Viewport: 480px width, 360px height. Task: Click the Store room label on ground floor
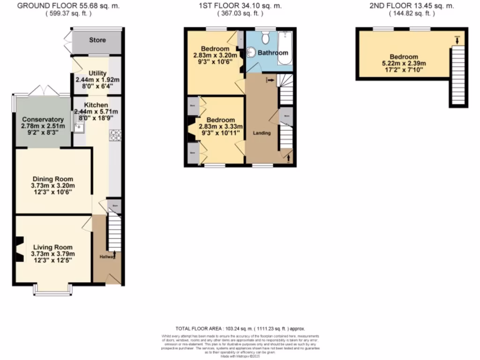pyautogui.click(x=97, y=40)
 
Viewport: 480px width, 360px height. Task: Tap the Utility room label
pyautogui.click(x=97, y=74)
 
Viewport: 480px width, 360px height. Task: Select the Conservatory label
pyautogui.click(x=42, y=120)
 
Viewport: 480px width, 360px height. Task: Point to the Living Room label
pyautogui.click(x=53, y=247)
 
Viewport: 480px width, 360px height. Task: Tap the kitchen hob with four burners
pyautogui.click(x=115, y=135)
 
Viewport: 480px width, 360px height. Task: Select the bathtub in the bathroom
pyautogui.click(x=285, y=49)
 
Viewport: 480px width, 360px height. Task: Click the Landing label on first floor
pyautogui.click(x=262, y=133)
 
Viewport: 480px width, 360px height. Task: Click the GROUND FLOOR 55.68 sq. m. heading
pyautogui.click(x=68, y=6)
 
